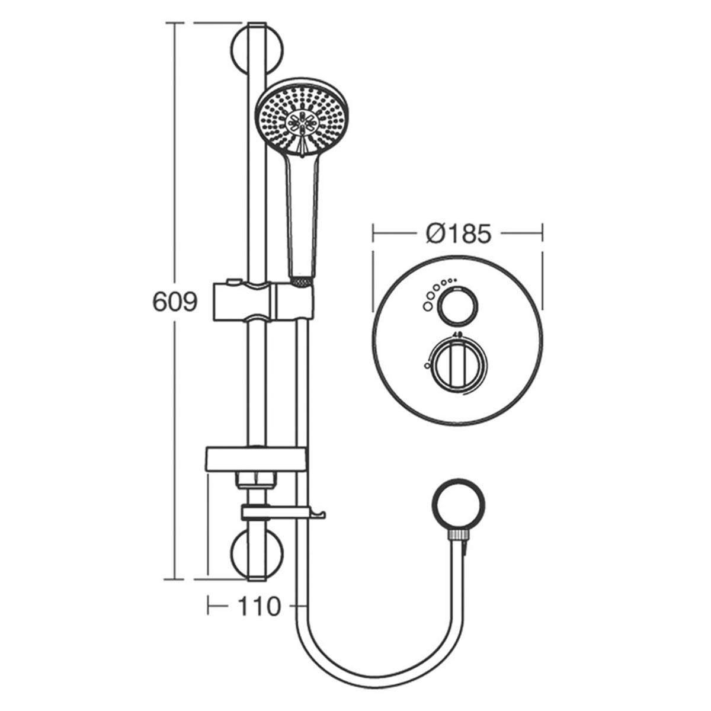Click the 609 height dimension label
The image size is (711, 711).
pos(174,302)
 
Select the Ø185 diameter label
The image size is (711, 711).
pos(459,233)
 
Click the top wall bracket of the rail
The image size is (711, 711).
pos(257,50)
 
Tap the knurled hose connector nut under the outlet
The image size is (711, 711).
pos(459,535)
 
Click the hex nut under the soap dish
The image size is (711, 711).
pos(257,479)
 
